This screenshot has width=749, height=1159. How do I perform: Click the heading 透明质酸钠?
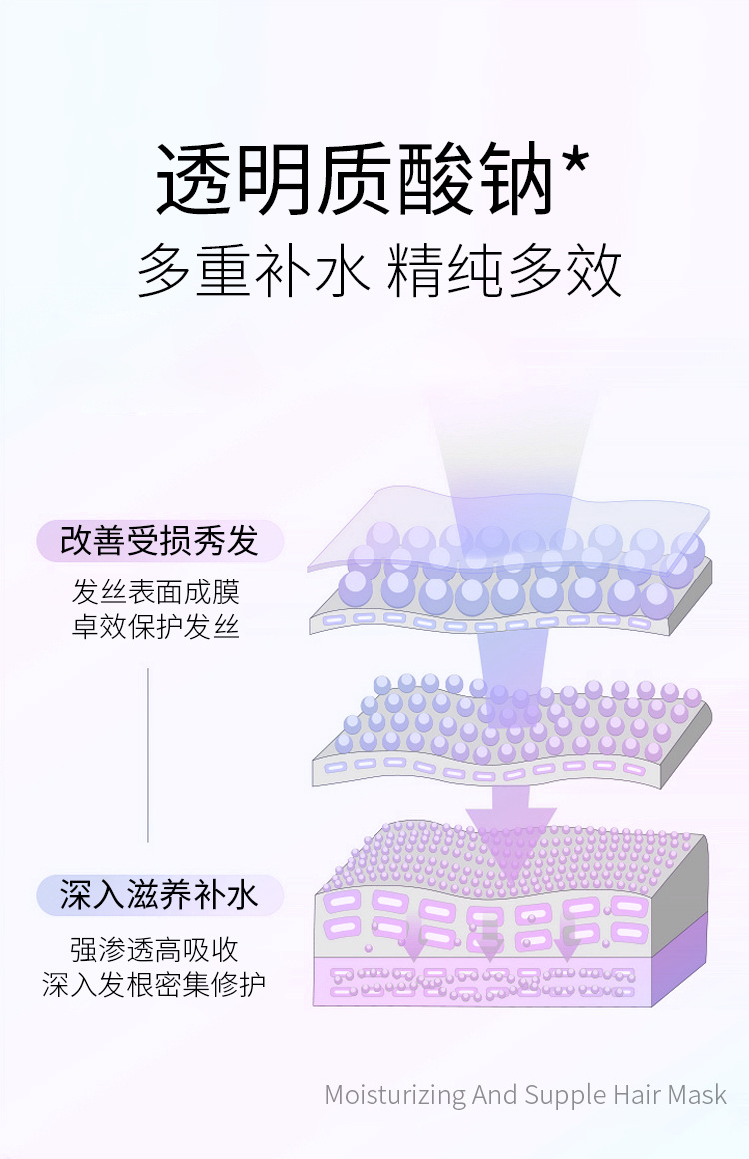pos(355,180)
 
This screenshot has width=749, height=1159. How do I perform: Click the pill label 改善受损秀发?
pos(160,541)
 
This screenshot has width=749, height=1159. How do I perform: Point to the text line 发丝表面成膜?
pos(156,591)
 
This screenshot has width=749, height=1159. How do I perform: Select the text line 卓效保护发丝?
pos(156,628)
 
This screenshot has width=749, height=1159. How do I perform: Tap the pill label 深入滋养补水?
pos(160,895)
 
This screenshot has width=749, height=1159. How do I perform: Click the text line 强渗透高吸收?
pos(155,948)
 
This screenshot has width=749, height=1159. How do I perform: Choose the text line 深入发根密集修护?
pos(155,984)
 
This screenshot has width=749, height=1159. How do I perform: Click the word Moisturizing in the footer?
pos(394,1095)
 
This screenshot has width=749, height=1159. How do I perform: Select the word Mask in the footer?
pos(696,1094)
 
